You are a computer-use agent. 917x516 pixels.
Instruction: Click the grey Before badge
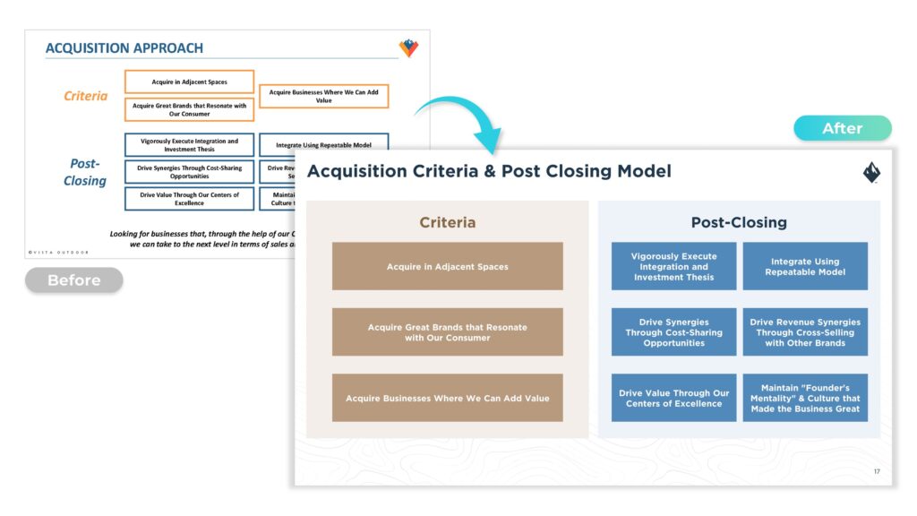click(73, 280)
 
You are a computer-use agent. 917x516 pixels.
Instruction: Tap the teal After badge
click(842, 128)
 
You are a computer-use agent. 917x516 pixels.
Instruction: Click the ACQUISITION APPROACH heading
click(124, 48)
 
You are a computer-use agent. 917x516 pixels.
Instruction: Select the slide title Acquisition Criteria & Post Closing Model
click(489, 171)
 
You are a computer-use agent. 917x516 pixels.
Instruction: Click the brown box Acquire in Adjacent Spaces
click(447, 266)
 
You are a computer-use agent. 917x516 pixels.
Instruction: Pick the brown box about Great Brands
click(447, 332)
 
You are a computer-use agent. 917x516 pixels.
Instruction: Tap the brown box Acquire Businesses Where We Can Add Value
click(447, 398)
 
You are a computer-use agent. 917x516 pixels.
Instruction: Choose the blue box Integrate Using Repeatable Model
click(805, 266)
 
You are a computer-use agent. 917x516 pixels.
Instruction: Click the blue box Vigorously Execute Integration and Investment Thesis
click(673, 266)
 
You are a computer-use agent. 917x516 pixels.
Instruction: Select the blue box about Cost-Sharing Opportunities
click(673, 332)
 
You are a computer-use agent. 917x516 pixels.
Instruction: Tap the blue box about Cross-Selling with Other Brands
click(805, 332)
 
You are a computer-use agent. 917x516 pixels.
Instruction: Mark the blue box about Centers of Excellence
click(673, 398)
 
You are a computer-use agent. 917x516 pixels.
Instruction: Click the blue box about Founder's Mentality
click(805, 398)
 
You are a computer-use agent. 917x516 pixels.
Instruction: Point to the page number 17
click(877, 472)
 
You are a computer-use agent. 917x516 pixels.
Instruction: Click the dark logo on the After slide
click(871, 173)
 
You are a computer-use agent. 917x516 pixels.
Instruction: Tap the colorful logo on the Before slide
click(408, 48)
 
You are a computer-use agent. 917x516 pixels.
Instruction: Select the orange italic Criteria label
click(86, 96)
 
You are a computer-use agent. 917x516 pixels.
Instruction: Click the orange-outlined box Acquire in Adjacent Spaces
click(189, 82)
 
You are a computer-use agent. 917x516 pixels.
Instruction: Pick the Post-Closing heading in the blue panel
click(739, 222)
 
